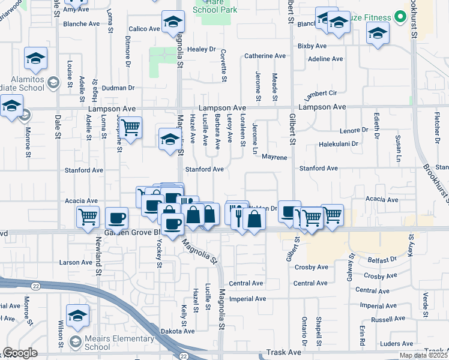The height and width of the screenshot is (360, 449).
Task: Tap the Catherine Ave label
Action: (265, 56)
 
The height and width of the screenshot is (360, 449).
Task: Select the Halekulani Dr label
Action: (338, 144)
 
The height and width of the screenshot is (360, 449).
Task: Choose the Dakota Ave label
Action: (178, 331)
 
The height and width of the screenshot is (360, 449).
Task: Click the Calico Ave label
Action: (144, 28)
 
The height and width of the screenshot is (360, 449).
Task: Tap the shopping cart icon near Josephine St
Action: (130, 127)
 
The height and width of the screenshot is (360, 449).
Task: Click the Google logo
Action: (19, 353)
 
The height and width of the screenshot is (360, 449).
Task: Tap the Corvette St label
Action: (224, 66)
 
